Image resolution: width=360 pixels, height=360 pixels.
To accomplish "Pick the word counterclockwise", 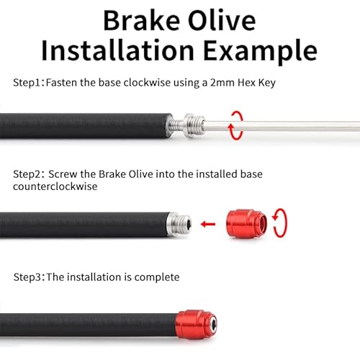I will tap(55, 186).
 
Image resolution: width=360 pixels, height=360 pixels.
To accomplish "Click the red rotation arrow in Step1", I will tap(235, 124).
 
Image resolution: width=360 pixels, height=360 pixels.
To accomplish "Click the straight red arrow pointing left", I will tap(209, 223).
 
